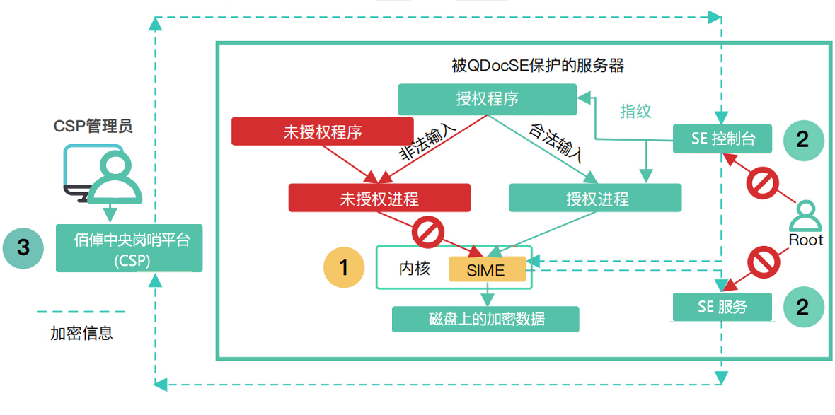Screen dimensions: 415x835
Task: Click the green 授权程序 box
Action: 487,99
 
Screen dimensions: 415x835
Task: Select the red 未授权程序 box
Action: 322,131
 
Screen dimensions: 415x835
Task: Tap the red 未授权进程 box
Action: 379,198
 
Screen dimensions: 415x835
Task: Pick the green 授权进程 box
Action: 595,198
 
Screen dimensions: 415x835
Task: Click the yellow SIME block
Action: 486,269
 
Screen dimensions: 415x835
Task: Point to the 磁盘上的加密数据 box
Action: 485,319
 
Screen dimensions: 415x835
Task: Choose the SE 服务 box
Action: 722,307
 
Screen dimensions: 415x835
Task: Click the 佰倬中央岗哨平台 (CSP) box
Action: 129,247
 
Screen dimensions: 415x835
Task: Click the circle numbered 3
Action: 24,247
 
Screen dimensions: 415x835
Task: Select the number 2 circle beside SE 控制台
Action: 802,139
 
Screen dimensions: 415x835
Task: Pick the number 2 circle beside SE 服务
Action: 802,307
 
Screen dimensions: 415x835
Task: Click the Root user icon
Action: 806,218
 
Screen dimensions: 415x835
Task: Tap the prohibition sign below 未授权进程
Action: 427,233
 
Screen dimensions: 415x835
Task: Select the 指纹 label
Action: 635,111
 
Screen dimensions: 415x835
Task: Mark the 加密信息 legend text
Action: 81,332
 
